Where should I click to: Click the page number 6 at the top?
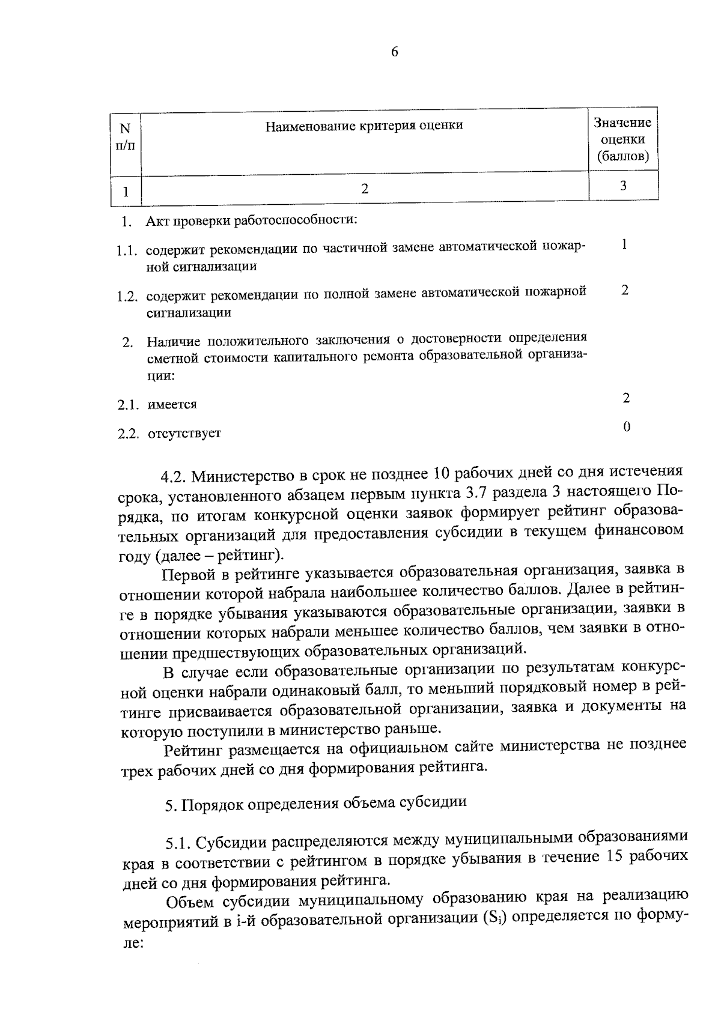(x=394, y=52)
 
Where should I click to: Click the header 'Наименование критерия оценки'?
(x=364, y=126)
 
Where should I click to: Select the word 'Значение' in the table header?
(x=622, y=123)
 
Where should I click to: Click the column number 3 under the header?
(x=623, y=186)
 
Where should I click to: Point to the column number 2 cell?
(x=364, y=189)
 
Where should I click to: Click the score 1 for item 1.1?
(x=625, y=244)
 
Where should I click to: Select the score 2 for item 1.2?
(x=625, y=290)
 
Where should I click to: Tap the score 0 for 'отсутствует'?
(x=627, y=427)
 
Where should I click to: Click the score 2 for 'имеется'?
(x=626, y=398)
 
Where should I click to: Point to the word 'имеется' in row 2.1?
(x=172, y=405)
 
